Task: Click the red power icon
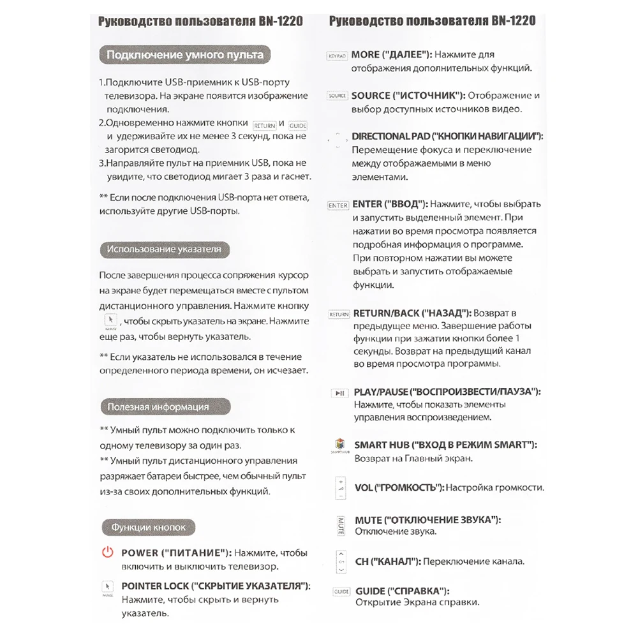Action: coord(107,553)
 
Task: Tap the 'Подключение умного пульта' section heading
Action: coord(185,55)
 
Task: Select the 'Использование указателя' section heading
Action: coord(164,249)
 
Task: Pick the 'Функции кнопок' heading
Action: coord(148,528)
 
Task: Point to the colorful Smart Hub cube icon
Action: coord(340,445)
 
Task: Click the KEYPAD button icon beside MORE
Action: coord(337,56)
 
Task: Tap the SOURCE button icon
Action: coord(337,96)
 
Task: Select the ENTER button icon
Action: coord(338,205)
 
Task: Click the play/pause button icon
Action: coord(339,393)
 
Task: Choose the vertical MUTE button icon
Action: coord(340,525)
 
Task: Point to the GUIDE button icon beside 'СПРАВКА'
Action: coord(341,592)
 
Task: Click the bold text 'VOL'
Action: coord(364,488)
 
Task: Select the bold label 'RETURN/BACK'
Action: coord(386,313)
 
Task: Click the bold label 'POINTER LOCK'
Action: coord(155,586)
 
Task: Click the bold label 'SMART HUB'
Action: coord(381,445)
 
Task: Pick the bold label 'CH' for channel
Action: coord(361,562)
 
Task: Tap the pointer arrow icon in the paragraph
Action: coord(110,320)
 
